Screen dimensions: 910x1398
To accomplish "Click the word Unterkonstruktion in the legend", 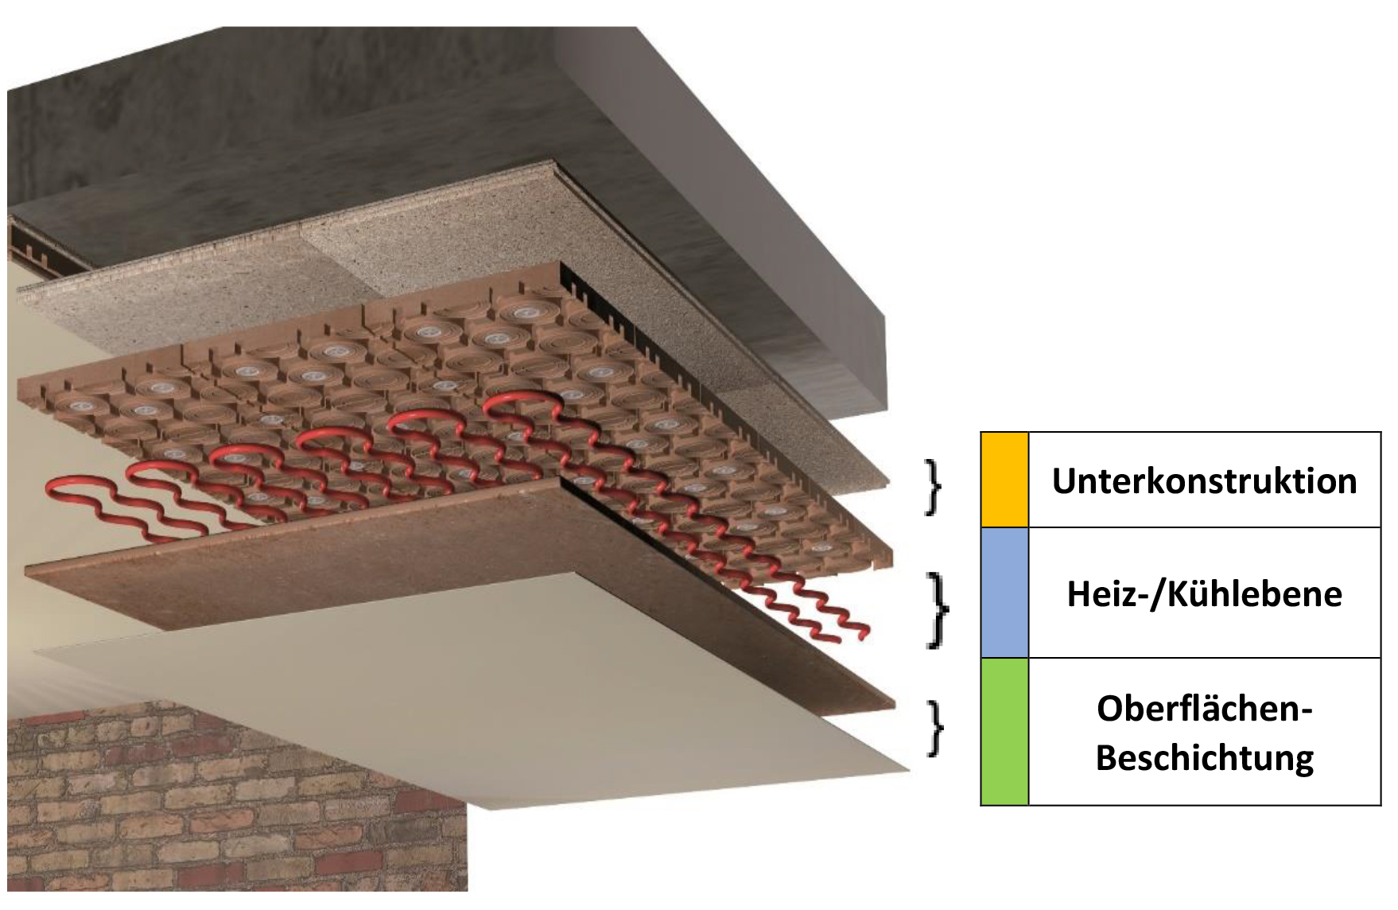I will click(x=1204, y=481).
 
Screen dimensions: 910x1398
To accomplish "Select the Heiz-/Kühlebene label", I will click(x=1204, y=594).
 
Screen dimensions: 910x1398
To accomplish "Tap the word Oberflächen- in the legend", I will click(x=1204, y=709).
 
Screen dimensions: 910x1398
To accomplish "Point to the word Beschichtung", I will click(x=1204, y=757).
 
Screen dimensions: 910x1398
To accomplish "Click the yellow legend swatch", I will click(x=1004, y=480).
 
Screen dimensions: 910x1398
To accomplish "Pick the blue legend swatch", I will click(x=1004, y=593).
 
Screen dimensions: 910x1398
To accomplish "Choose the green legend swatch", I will click(x=1004, y=732).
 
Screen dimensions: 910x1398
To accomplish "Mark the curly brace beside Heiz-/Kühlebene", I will click(x=939, y=609).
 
